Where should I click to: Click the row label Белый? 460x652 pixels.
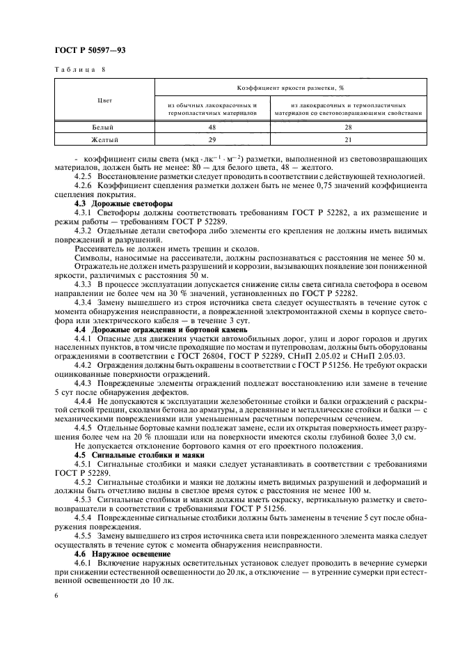pos(104,127)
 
